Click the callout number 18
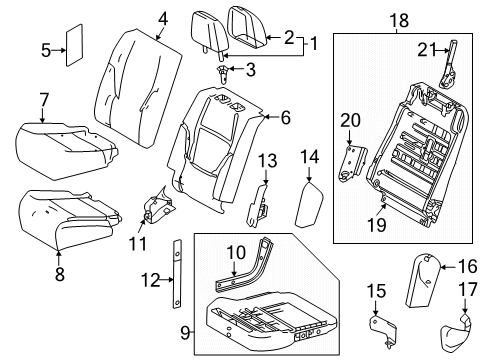coord(400,20)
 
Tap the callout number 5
coord(46,50)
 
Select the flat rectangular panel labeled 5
coord(74,45)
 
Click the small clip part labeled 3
coord(222,74)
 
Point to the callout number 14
coord(310,157)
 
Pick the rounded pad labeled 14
coord(309,205)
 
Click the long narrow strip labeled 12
coord(177,274)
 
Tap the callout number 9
coord(186,333)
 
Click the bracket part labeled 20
coord(352,161)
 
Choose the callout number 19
coord(377,224)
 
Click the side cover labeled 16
coord(423,280)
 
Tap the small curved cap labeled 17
coord(455,333)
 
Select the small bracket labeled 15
coord(383,331)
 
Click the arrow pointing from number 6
coord(272,117)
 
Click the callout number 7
coord(44,100)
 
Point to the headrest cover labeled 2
coord(246,28)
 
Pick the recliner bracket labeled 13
coord(258,205)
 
